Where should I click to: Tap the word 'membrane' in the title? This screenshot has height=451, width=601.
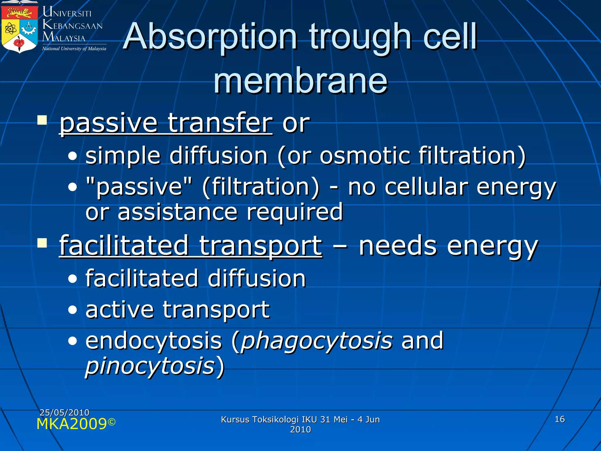click(300, 81)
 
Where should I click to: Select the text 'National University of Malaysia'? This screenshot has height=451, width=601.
click(74, 49)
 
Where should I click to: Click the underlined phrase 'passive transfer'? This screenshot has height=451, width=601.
click(166, 123)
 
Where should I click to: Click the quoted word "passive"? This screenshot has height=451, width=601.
click(139, 187)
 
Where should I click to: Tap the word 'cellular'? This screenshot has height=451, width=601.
click(426, 187)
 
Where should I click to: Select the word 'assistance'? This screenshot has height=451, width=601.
click(177, 212)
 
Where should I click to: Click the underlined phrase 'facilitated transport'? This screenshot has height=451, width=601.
click(191, 246)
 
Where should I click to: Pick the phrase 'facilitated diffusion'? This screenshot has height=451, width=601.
click(195, 278)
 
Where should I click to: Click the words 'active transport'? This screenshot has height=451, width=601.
click(177, 309)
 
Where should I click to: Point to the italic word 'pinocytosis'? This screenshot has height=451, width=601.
click(150, 366)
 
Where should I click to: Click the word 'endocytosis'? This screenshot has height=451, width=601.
click(154, 341)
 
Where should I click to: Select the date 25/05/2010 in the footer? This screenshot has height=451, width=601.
click(64, 413)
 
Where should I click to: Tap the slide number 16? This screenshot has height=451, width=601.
click(560, 419)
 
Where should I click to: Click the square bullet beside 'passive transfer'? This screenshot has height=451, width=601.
click(42, 120)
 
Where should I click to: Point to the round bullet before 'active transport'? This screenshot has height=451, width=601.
click(72, 310)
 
